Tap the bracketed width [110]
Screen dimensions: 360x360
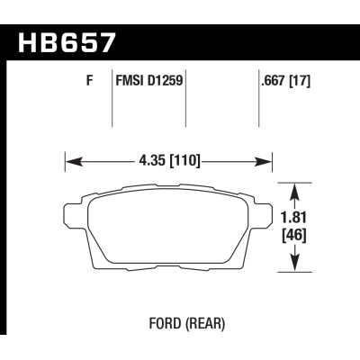182,163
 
